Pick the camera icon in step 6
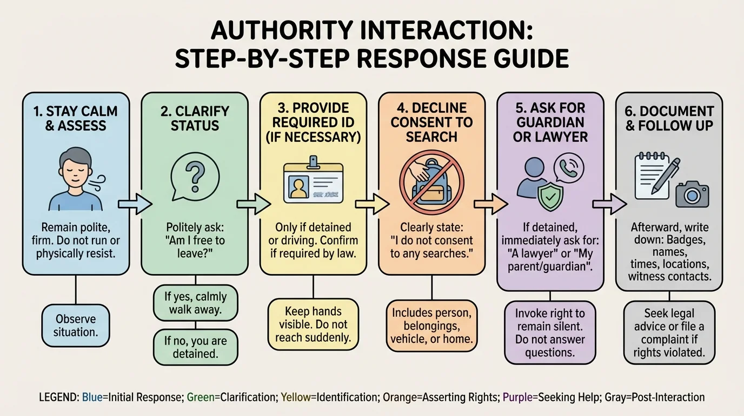(692, 193)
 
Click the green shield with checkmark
(550, 197)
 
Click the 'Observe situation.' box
(76, 324)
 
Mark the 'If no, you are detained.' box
(195, 347)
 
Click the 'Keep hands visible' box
(314, 324)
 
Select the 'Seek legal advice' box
(669, 333)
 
